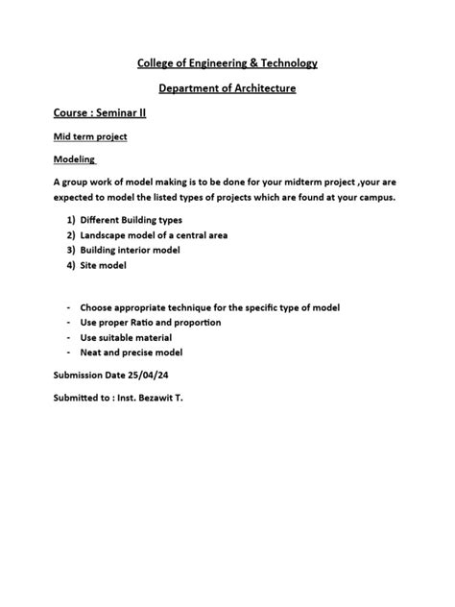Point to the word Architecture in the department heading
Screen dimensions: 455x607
tap(261, 89)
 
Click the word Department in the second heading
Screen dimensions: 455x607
tap(191, 89)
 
